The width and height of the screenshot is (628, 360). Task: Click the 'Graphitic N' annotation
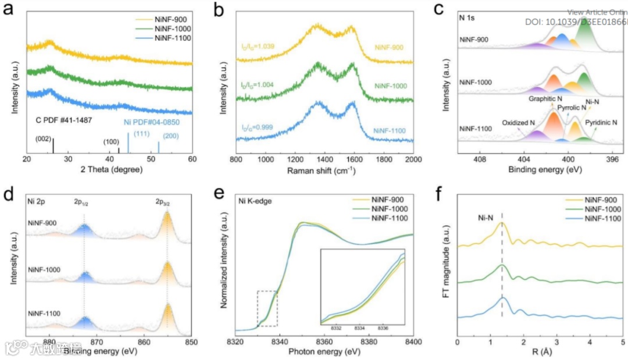[545, 99]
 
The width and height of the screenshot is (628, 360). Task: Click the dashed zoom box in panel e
[267, 308]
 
